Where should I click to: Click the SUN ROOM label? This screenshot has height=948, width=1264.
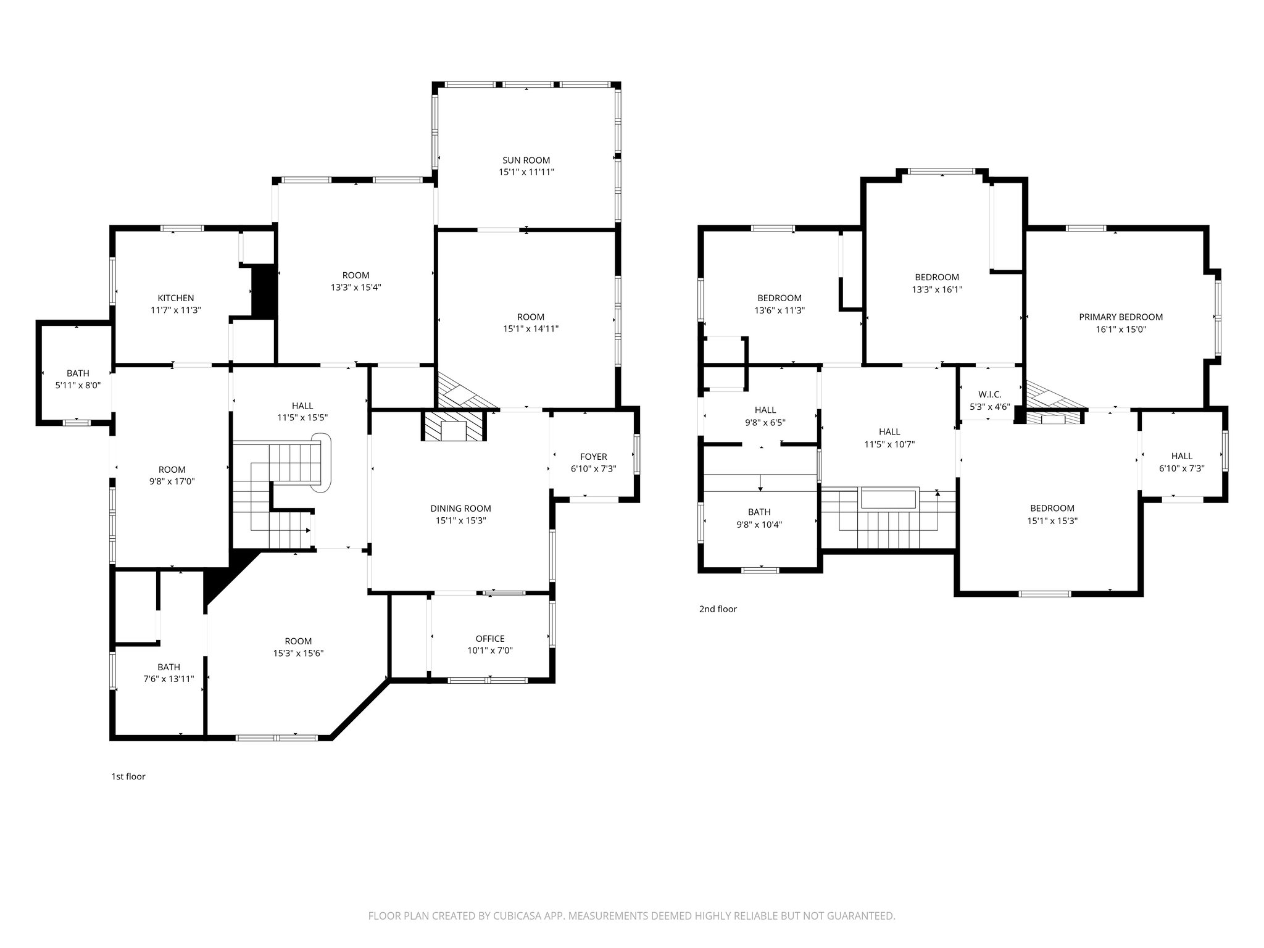pos(526,160)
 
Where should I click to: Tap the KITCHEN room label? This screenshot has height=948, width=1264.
pos(176,298)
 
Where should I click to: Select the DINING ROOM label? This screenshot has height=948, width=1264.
pos(460,509)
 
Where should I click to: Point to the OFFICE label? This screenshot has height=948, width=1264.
pos(490,639)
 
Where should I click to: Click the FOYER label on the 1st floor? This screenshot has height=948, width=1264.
pos(593,457)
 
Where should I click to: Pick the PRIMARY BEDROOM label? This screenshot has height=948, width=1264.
pos(1120,317)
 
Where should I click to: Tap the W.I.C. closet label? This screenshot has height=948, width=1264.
pos(989,394)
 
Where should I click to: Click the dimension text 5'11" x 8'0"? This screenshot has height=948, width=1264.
pos(78,385)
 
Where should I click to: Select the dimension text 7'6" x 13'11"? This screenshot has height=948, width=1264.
pos(168,679)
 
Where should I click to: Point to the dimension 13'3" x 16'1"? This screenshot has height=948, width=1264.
pos(936,289)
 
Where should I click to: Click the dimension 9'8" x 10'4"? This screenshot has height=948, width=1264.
pos(759,524)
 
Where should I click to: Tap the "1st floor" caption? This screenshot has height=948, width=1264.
pos(128,776)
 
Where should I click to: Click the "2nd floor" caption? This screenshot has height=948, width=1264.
pos(718,609)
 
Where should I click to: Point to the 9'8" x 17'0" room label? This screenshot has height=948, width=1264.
pos(172,476)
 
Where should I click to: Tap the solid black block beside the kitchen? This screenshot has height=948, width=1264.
pos(264,292)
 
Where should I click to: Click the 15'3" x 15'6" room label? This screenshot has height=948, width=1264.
pos(298,647)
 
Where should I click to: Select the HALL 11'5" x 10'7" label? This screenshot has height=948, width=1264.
pos(889,438)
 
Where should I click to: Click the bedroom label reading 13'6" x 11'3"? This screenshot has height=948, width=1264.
pos(780,304)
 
